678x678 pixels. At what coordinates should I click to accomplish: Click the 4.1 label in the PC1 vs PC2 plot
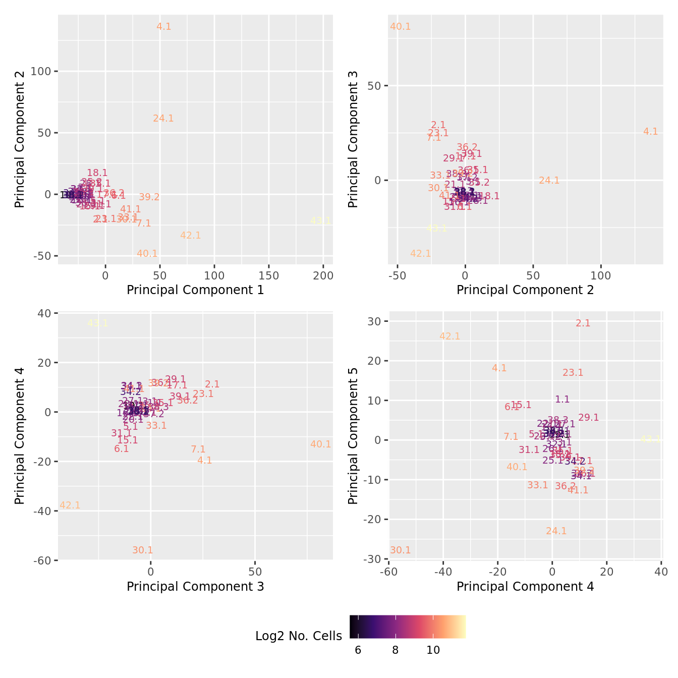[x=164, y=27]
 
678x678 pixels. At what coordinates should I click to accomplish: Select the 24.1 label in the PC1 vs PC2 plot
[x=163, y=119]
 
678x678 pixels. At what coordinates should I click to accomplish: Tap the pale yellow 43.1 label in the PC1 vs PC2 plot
[x=321, y=220]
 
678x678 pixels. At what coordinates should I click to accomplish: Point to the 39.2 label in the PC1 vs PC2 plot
[x=149, y=197]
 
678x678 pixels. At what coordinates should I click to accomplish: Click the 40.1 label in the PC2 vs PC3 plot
[x=401, y=27]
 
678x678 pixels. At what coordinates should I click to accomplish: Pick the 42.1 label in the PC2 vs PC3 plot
[x=420, y=254]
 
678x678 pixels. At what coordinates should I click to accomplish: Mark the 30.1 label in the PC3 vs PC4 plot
[x=143, y=550]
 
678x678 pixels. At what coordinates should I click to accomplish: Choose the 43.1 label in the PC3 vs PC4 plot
[x=98, y=323]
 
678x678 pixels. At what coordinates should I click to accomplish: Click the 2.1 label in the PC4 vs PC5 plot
[x=583, y=323]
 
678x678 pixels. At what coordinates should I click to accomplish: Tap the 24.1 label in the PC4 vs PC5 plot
[x=556, y=531]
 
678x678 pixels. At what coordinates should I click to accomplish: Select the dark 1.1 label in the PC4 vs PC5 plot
[x=562, y=400]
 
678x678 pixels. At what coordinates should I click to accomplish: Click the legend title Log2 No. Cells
[x=299, y=636]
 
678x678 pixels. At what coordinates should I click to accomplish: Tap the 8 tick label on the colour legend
[x=395, y=650]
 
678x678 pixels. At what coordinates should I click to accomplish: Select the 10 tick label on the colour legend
[x=433, y=650]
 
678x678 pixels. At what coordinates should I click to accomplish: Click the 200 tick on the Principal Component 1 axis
[x=323, y=276]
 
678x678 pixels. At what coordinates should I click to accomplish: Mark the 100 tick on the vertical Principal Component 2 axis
[x=41, y=71]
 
